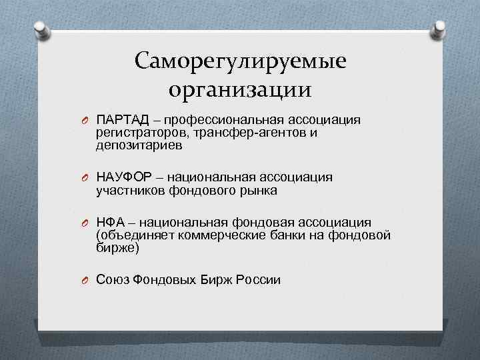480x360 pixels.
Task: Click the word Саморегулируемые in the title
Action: [x=240, y=62]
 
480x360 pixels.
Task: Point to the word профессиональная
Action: [x=227, y=120]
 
